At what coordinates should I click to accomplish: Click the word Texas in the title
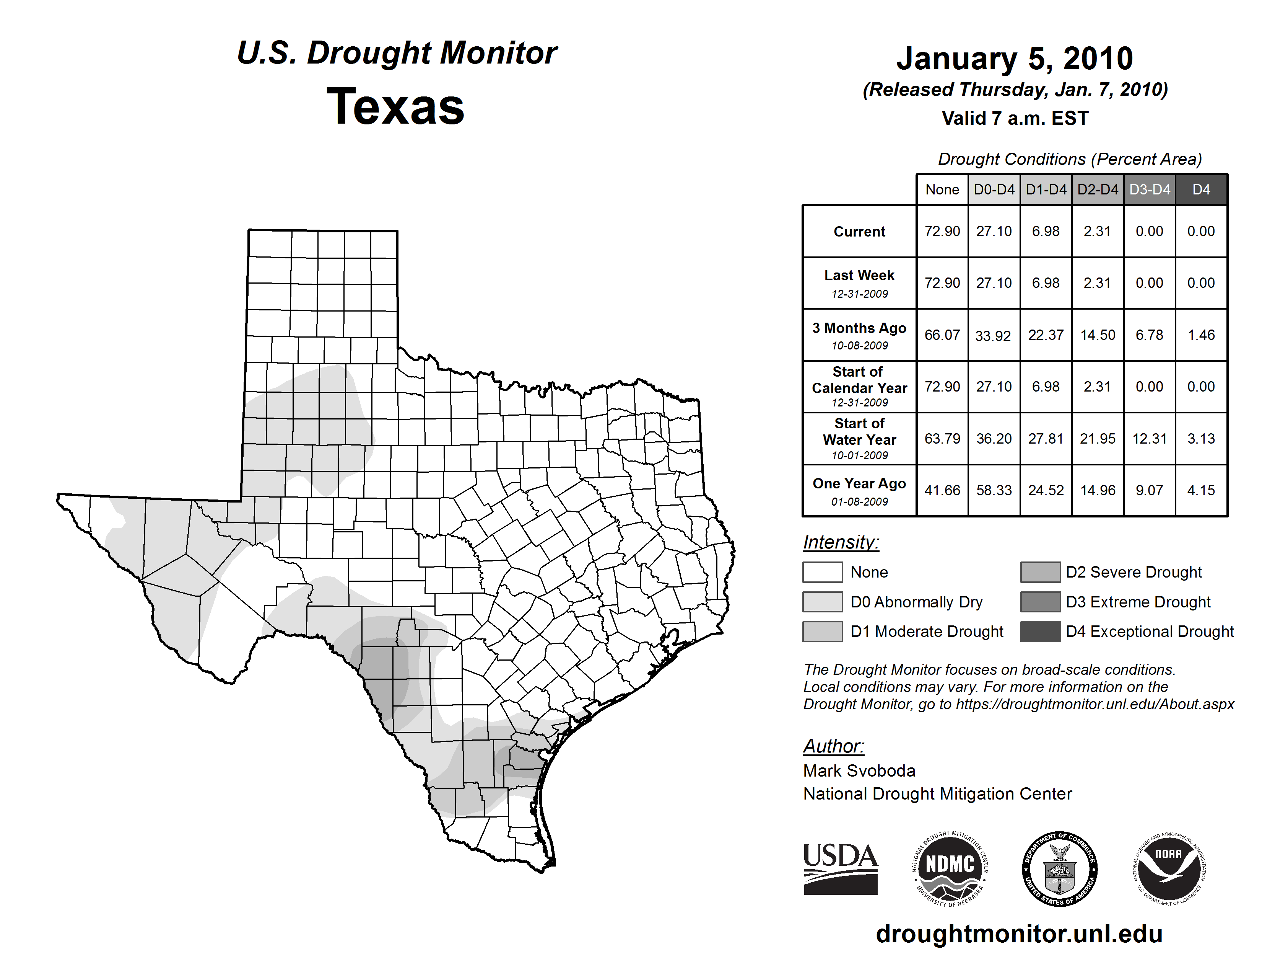395,106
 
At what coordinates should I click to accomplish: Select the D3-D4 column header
1149,189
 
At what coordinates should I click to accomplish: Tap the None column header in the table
942,189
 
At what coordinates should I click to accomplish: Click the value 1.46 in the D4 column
1201,335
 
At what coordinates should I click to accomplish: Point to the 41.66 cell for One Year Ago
942,490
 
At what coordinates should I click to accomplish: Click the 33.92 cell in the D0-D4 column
993,335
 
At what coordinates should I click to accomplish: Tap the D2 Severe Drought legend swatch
1040,572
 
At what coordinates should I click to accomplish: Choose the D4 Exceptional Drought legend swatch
1040,632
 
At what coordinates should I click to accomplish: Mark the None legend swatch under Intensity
822,572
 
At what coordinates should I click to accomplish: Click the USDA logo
840,868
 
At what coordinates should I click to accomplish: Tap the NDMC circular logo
950,868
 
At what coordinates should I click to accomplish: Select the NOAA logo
1168,868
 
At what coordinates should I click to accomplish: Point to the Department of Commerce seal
1059,868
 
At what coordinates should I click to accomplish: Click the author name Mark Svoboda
859,771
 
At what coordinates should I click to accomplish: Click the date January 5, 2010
1015,59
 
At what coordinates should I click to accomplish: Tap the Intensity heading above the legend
841,542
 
